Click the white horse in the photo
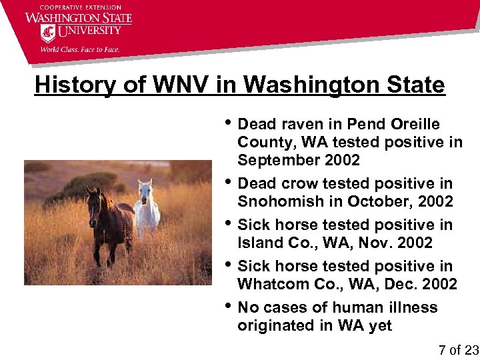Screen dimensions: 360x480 (x=146, y=208)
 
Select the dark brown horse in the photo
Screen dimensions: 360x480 (x=109, y=224)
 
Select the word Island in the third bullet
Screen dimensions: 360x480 (x=260, y=243)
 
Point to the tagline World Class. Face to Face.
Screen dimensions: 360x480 (x=81, y=48)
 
